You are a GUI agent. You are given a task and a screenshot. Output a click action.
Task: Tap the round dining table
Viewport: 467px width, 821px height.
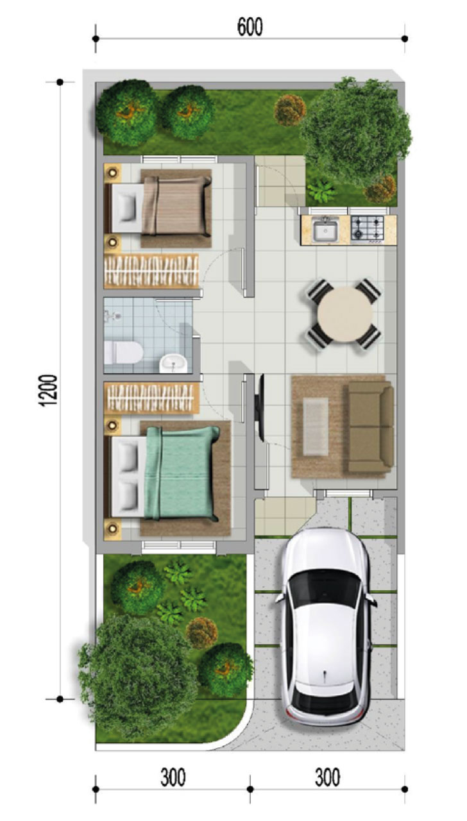(345, 315)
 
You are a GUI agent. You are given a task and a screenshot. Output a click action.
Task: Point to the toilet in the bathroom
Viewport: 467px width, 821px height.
(124, 351)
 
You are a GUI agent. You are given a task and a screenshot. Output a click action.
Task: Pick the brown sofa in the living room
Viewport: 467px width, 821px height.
(370, 427)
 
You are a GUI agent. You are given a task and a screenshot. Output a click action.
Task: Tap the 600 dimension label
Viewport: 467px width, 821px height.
(250, 28)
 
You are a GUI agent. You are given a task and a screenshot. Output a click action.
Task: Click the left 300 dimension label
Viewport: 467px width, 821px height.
(173, 778)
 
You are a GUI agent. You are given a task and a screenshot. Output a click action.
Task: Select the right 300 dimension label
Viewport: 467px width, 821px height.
(327, 778)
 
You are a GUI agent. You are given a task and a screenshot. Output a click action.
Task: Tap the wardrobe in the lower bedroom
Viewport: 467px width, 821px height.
(151, 398)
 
